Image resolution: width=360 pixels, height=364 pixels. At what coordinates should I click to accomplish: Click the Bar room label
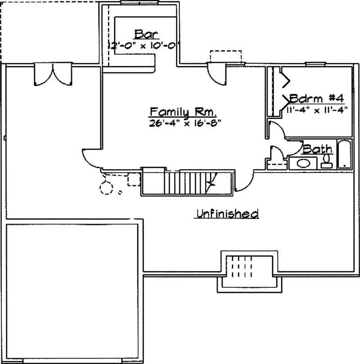(x=144, y=34)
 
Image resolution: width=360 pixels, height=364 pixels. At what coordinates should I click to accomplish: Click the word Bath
(x=318, y=149)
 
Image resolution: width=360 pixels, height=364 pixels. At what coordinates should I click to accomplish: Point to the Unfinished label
(x=226, y=213)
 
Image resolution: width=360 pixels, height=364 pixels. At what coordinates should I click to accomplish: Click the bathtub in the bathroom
(x=344, y=155)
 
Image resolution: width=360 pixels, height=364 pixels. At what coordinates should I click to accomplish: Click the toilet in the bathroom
(x=327, y=161)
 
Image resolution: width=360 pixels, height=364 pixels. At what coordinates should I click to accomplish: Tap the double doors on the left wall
(x=53, y=74)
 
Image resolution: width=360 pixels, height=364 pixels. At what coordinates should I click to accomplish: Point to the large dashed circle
(x=107, y=188)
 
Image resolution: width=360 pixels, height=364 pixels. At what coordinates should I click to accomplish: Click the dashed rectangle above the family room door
(x=225, y=57)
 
